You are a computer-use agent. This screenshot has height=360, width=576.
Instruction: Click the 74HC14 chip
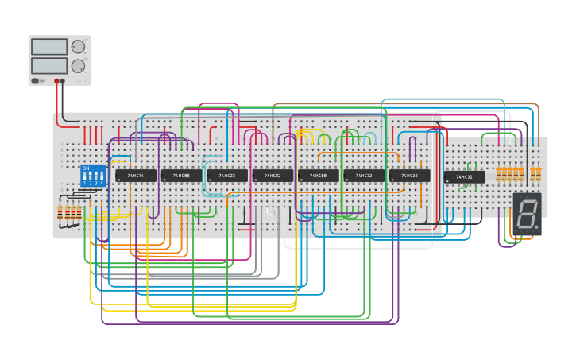coord(136,176)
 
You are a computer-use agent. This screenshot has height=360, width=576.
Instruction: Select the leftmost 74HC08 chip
coord(181,176)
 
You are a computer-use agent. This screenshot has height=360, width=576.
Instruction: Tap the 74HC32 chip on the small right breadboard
coord(464,177)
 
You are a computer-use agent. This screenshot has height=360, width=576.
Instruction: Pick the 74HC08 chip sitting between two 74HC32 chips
coord(318,176)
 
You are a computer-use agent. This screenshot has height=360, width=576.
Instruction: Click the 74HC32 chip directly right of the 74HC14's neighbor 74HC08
coord(227,176)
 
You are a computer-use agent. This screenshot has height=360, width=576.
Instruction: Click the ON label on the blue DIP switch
coord(86,168)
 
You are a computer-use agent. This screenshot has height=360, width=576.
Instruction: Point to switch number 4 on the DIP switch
coord(102,178)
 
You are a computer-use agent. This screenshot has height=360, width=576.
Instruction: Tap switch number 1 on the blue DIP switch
coord(84,178)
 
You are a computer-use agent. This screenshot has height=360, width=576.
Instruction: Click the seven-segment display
coord(527,214)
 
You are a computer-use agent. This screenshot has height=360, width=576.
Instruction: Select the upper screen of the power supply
coord(49,47)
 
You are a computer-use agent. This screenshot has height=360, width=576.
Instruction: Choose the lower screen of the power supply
coord(49,66)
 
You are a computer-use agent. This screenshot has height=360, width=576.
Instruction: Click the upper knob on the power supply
coord(78,47)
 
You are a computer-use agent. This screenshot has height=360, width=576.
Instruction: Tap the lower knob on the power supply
coord(78,66)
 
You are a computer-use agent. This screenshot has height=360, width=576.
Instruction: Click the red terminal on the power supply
coord(57,81)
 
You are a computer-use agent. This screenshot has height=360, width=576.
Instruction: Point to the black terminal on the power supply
coord(64,81)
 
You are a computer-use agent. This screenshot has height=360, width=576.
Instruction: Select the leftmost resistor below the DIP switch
coord(60,211)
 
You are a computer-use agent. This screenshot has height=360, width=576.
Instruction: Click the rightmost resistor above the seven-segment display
coord(538,172)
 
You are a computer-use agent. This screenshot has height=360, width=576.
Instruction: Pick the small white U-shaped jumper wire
coord(270,211)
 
